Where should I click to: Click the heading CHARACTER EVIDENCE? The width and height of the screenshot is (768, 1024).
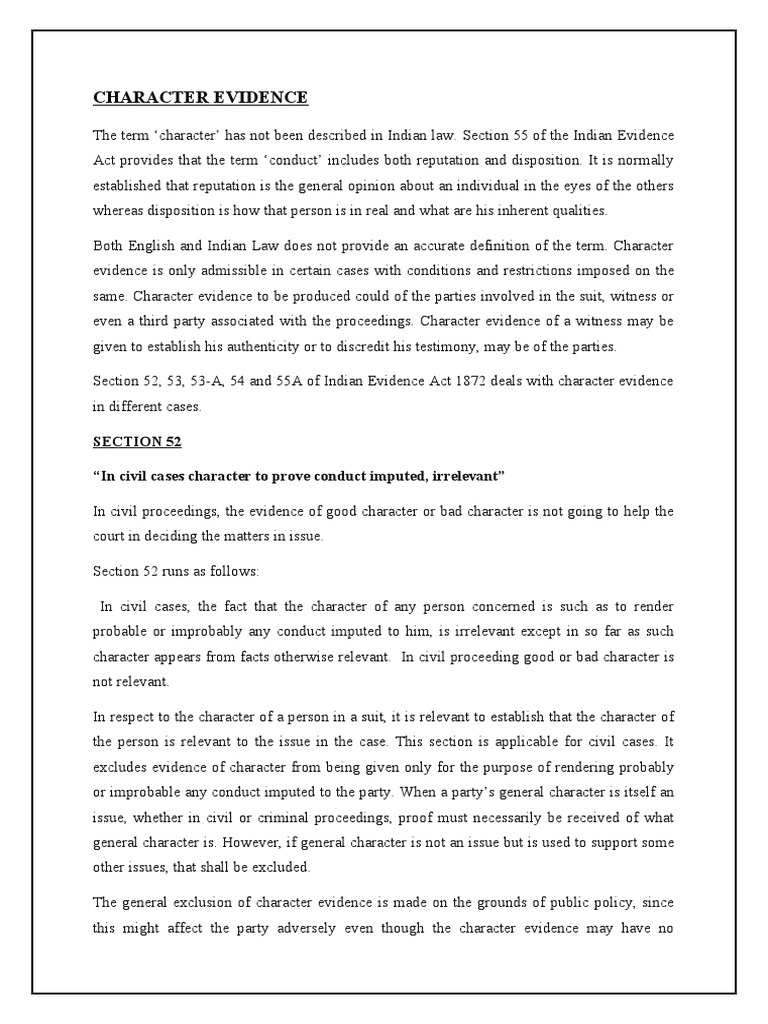(x=200, y=97)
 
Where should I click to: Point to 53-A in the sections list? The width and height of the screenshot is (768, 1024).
(x=214, y=380)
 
